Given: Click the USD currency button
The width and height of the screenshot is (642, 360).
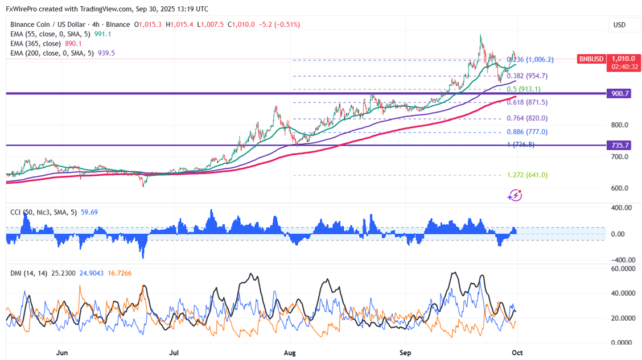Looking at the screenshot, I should tap(619, 25).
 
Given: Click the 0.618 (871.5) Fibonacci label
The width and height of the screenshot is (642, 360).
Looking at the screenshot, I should tap(526, 102).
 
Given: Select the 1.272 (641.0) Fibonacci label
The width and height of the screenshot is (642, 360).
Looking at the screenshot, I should tap(527, 175).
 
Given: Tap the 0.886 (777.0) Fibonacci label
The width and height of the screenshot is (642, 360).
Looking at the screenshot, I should tap(527, 132).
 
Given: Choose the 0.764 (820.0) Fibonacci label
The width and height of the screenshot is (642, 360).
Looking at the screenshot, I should tap(527, 118).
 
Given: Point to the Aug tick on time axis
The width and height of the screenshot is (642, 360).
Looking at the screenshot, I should tap(290, 353).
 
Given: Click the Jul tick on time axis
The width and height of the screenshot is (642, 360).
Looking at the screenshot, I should tap(175, 353).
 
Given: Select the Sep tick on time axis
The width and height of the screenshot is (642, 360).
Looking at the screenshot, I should tap(405, 353).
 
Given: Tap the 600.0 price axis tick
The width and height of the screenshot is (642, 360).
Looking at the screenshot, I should tap(620, 188).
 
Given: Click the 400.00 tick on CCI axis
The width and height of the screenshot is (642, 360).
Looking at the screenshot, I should tap(620, 208).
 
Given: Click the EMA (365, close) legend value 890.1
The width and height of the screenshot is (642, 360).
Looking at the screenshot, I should tap(74, 44).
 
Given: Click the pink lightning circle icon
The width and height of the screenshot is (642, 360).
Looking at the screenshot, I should tap(515, 196).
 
